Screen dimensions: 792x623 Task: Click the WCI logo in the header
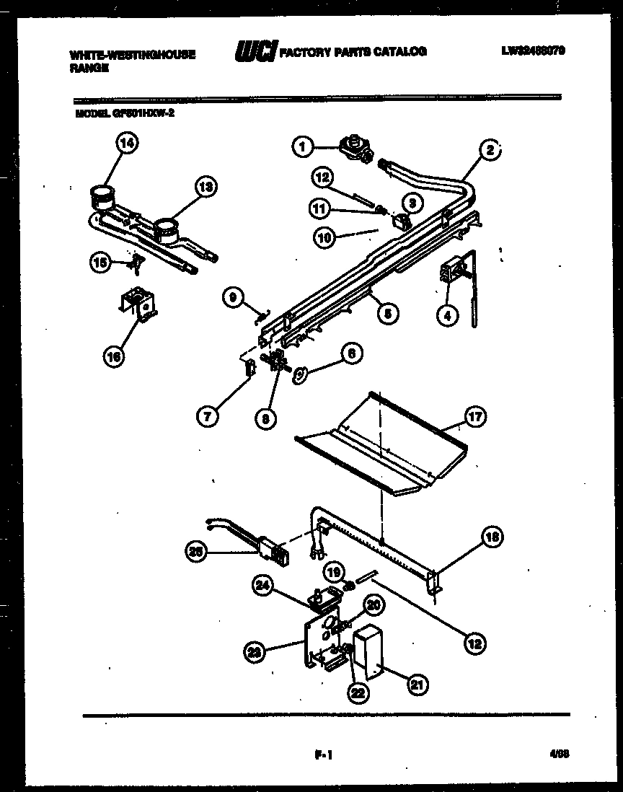pos(255,52)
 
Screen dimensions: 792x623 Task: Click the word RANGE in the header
pos(89,67)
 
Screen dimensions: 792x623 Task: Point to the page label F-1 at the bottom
pos(322,756)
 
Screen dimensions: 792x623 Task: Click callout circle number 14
pos(127,144)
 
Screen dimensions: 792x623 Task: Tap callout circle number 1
pos(303,147)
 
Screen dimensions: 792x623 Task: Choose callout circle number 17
pos(476,416)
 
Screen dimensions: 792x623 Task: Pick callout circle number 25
pos(195,553)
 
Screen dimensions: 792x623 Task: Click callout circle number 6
pos(351,353)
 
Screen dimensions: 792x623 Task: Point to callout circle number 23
pos(253,651)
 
